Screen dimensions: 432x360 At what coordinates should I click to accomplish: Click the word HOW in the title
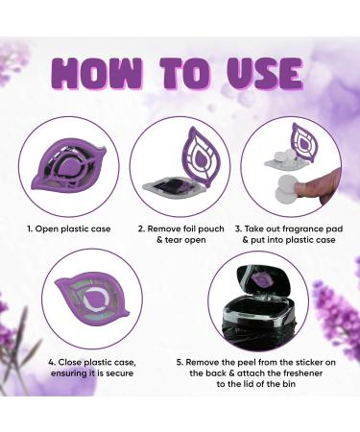[93, 72]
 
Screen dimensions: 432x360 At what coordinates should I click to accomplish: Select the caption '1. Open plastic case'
[64, 230]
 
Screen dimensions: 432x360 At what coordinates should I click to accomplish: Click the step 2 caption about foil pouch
[180, 236]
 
